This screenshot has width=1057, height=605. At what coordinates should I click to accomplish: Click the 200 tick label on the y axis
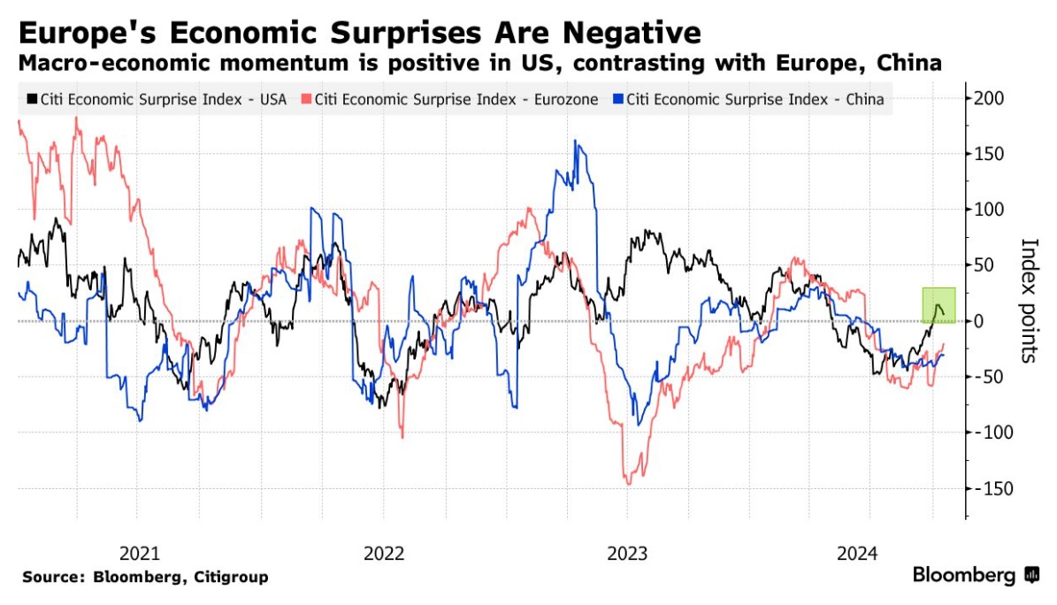point(990,97)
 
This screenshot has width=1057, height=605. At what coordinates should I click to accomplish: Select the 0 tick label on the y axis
point(980,321)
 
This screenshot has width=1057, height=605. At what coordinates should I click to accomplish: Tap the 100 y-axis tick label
point(990,210)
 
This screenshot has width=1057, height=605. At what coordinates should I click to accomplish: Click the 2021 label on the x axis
point(140,554)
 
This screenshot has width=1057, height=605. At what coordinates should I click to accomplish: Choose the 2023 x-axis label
point(627,554)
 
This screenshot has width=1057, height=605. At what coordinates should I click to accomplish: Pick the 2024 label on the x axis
point(856,554)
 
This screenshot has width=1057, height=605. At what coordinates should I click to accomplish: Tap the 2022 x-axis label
point(384,554)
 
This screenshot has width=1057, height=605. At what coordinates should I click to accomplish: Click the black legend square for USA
point(33,100)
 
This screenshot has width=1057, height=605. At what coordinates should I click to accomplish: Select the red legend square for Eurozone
point(306,100)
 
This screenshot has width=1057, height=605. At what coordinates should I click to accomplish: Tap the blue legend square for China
point(618,100)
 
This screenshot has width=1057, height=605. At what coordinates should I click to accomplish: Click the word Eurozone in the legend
point(567,100)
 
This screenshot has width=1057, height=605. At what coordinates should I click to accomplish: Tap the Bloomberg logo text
point(965,575)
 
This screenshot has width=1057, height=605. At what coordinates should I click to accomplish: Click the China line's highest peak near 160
point(575,141)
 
